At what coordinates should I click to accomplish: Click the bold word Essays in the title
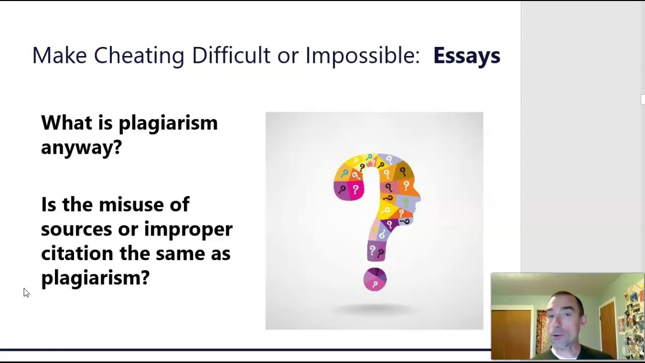point(467,55)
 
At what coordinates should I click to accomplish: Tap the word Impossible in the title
point(362,55)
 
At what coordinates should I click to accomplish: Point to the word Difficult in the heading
point(231,55)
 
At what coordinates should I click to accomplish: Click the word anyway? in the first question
point(81,147)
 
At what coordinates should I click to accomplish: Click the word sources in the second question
point(76,229)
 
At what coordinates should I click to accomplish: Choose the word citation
point(77,253)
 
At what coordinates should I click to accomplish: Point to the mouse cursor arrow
point(26,292)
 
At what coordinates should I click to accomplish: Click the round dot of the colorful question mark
point(375,279)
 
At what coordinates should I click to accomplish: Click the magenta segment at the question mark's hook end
point(349,190)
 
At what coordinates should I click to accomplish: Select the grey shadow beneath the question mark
point(375,309)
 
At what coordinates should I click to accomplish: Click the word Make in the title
point(59,55)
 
